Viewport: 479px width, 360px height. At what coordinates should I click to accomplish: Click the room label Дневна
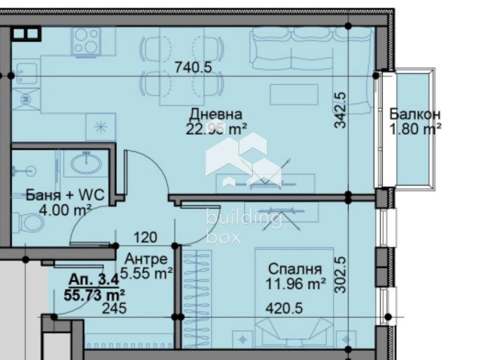click(x=216, y=114)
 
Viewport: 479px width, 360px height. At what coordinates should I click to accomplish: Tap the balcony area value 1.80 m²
click(x=415, y=128)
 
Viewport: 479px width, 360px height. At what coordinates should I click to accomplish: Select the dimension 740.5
click(x=193, y=68)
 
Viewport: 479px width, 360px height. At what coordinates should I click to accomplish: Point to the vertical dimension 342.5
click(x=341, y=110)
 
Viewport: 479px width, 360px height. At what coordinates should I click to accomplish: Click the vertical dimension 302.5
click(x=341, y=275)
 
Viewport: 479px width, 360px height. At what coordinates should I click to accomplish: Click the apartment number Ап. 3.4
click(x=93, y=280)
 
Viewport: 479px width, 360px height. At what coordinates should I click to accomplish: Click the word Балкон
click(x=415, y=114)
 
